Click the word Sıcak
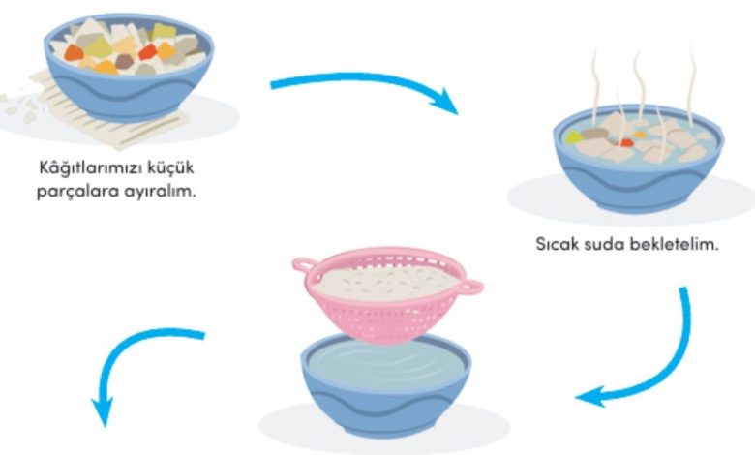(556, 244)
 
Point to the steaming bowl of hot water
(637, 160)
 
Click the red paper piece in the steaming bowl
(626, 142)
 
